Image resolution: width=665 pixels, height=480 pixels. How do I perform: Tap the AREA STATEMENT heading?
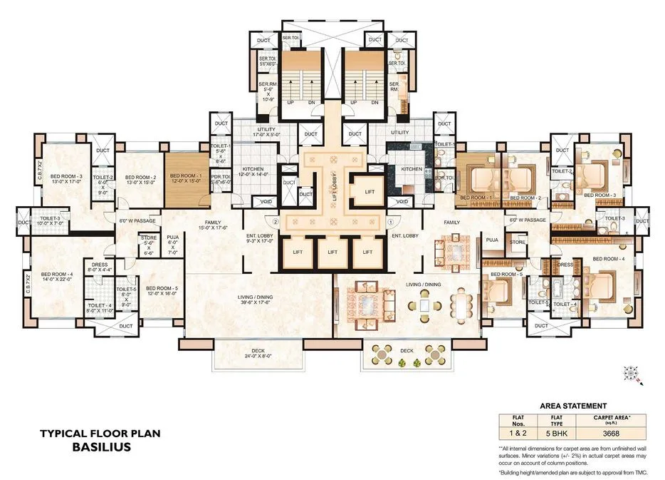click(x=573, y=405)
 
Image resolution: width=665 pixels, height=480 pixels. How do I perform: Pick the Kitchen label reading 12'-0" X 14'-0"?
click(x=253, y=171)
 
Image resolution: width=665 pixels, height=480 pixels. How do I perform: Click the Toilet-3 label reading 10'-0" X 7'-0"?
click(x=51, y=220)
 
